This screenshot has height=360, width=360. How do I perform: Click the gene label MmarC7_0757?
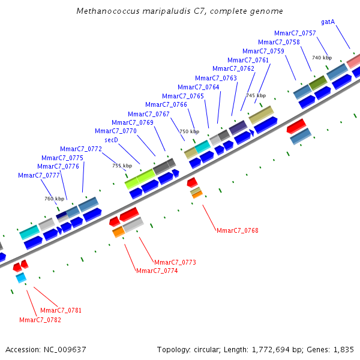pyautogui.click(x=295, y=33)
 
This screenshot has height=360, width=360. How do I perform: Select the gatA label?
pyautogui.click(x=328, y=22)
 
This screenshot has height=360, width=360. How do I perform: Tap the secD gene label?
pyautogui.click(x=111, y=140)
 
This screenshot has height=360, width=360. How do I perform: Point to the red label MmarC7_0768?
pyautogui.click(x=237, y=230)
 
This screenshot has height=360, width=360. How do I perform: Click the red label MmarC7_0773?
pyautogui.click(x=175, y=262)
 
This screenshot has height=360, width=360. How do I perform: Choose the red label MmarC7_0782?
pyautogui.click(x=40, y=320)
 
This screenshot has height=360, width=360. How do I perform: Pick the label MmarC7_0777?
pyautogui.click(x=39, y=175)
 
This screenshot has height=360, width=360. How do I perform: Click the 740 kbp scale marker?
pyautogui.click(x=322, y=58)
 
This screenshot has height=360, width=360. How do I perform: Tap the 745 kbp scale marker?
pyautogui.click(x=256, y=95)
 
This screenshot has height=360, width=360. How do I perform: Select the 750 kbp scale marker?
pyautogui.click(x=189, y=131)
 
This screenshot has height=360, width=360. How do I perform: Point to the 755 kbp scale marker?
pyautogui.click(x=122, y=166)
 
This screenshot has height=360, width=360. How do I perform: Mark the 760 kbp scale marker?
pyautogui.click(x=54, y=198)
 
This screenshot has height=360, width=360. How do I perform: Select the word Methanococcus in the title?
pyautogui.click(x=105, y=11)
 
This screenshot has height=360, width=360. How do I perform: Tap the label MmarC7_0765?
pyautogui.click(x=182, y=96)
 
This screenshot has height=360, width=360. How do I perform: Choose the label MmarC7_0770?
pyautogui.click(x=115, y=131)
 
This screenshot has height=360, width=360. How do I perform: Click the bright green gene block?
pyautogui.click(x=140, y=178)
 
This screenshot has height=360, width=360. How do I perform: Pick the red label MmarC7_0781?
pyautogui.click(x=61, y=310)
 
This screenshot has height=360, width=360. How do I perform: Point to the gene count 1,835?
pyautogui.click(x=344, y=349)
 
